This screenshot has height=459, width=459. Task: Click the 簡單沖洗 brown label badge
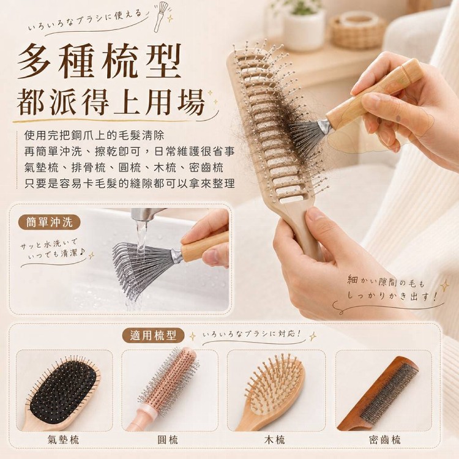pyautogui.click(x=49, y=223)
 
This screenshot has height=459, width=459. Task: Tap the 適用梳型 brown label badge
pyautogui.click(x=153, y=335)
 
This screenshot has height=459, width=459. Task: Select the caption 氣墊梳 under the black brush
pyautogui.click(x=63, y=439)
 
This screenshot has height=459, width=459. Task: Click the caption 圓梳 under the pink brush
pyautogui.click(x=168, y=439)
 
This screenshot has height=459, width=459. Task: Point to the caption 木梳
pyautogui.click(x=274, y=439)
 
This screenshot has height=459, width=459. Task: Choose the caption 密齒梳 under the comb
pyautogui.click(x=385, y=439)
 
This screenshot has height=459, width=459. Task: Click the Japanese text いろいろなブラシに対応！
pyautogui.click(x=252, y=334)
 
